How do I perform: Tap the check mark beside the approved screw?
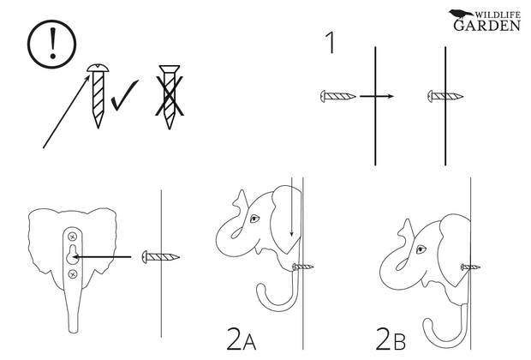(125, 96)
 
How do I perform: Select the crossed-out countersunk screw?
(170, 97)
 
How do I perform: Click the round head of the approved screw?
(98, 68)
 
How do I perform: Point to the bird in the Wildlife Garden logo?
(461, 14)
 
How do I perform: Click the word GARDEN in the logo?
(486, 26)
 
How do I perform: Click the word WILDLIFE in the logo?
(498, 15)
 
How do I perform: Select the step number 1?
(331, 43)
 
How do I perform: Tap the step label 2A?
(242, 339)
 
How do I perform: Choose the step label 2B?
(391, 339)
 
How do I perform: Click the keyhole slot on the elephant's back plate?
(72, 254)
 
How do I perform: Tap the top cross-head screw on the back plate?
(73, 237)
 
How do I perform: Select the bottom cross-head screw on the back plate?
(73, 274)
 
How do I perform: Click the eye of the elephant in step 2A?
(254, 219)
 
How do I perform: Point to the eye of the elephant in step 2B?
(421, 249)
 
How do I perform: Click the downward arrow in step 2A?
(291, 207)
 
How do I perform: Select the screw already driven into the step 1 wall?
(445, 96)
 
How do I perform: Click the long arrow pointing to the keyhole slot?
(102, 257)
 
